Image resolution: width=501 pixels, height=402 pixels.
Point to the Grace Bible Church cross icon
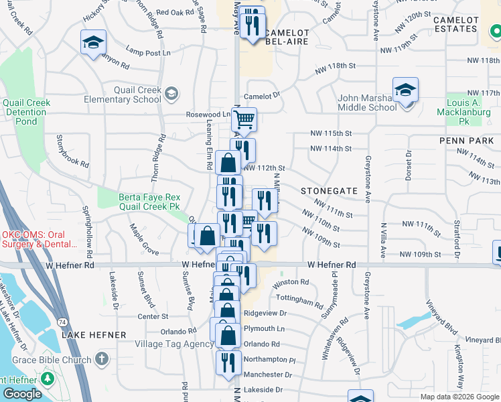click(x=101, y=360)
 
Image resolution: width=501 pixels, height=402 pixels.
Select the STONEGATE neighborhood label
click(x=329, y=191)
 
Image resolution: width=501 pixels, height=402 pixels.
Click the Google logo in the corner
click(x=22, y=394)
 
